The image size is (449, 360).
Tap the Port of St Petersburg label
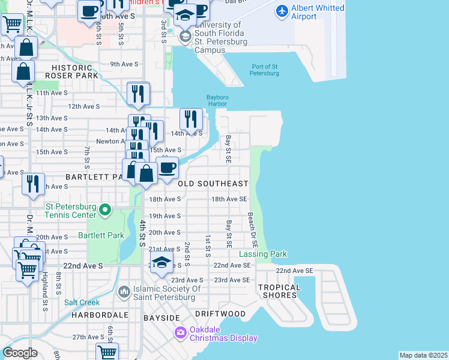click(265, 70)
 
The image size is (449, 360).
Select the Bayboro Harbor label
click(218, 100)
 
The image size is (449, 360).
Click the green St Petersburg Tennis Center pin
click(105, 210)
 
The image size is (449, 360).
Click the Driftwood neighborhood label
click(220, 314)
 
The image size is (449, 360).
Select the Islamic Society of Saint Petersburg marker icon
click(124, 292)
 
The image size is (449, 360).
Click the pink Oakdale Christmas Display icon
click(180, 332)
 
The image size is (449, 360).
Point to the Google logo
click(20, 353)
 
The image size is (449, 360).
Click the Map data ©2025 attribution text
click(424, 355)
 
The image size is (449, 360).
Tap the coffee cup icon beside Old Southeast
click(167, 167)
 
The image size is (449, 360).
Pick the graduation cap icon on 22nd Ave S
click(161, 263)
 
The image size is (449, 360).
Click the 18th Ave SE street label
click(229, 199)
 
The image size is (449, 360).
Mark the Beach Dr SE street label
click(253, 231)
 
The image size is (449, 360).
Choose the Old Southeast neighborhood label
click(213, 184)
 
